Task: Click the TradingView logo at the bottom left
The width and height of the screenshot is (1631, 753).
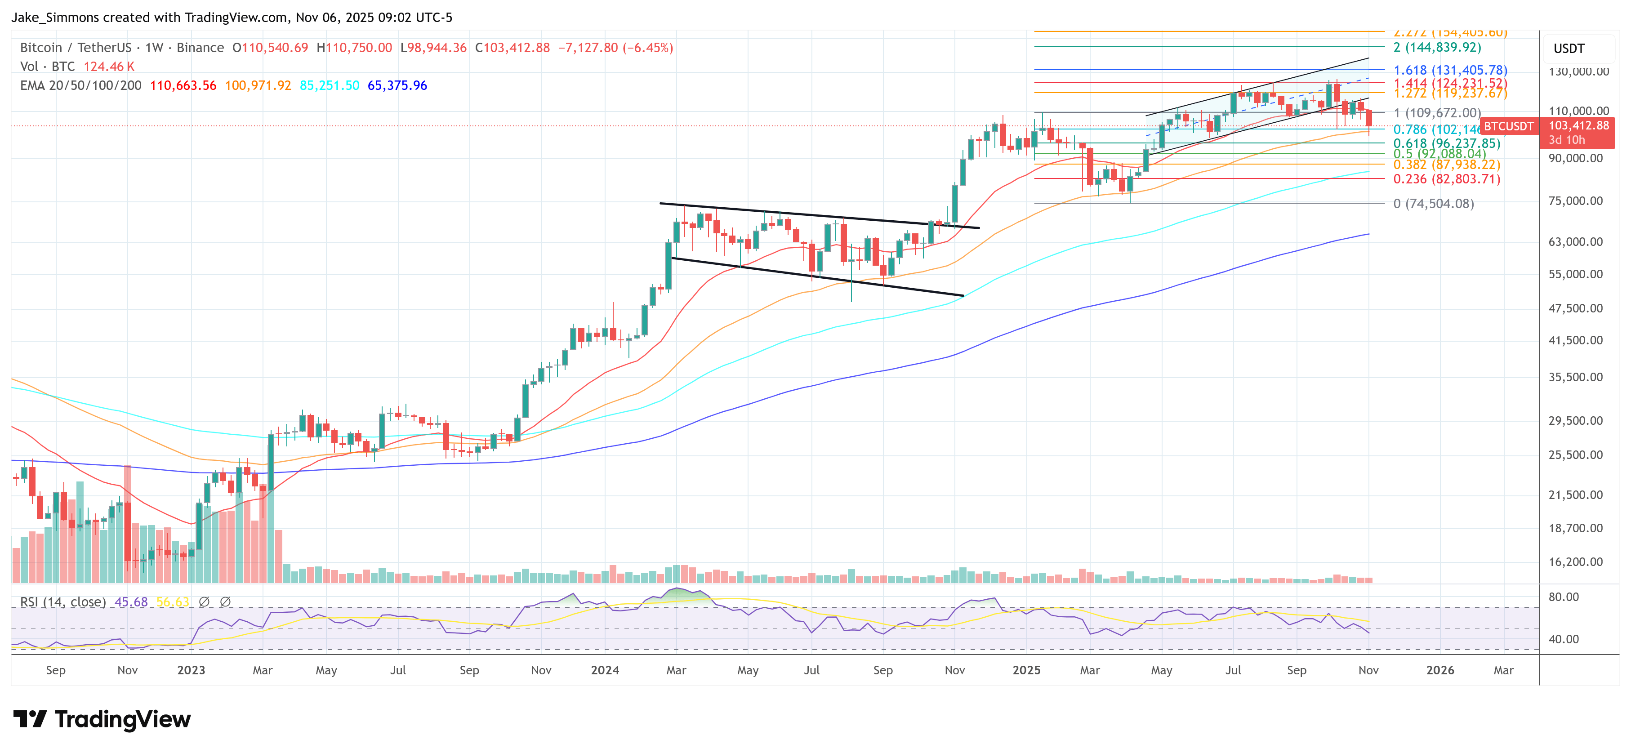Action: click(x=101, y=719)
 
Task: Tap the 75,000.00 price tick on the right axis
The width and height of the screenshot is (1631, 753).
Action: click(x=1575, y=201)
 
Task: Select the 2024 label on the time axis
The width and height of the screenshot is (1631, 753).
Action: click(x=605, y=670)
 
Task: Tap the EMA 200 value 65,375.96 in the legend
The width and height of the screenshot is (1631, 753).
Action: click(x=397, y=85)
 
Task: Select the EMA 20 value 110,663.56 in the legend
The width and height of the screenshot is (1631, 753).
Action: click(x=183, y=85)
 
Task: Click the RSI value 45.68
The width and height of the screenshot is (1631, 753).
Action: click(x=131, y=602)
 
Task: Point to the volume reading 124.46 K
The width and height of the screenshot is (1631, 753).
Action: click(x=109, y=67)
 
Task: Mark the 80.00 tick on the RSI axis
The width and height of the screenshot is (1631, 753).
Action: click(x=1563, y=597)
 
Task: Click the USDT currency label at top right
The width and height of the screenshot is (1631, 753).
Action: click(x=1569, y=49)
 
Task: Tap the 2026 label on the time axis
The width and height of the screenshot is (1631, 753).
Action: click(x=1440, y=670)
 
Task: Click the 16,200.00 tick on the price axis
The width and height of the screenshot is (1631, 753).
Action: click(x=1575, y=562)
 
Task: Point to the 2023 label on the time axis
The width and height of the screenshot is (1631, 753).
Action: click(x=191, y=670)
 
